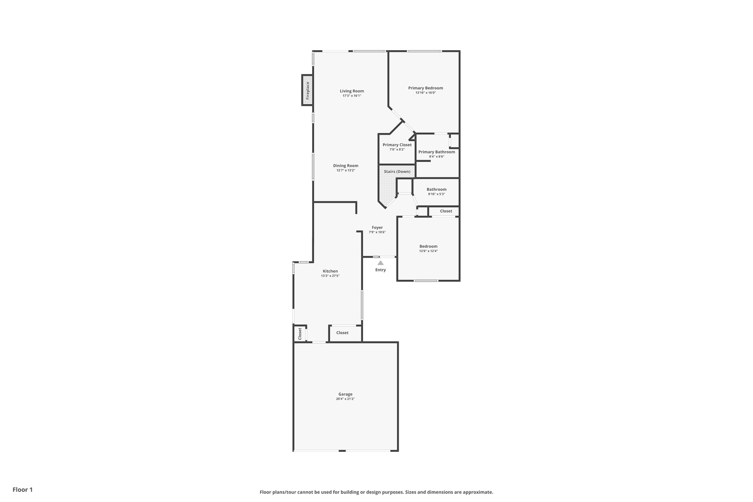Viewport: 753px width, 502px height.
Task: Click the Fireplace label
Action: pos(308,90)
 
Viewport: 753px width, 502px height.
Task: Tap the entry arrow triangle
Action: pos(381,263)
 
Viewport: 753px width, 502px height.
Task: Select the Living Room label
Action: pos(352,91)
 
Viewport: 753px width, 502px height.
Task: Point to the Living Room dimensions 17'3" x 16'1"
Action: pos(352,96)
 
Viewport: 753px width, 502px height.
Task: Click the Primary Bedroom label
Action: pos(425,88)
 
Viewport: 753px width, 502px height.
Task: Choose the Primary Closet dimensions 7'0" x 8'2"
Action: pos(397,149)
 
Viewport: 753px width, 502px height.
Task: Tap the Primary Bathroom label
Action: pos(437,152)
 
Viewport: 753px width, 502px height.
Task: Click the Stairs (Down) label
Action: pos(397,172)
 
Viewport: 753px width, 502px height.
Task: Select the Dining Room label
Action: pos(346,166)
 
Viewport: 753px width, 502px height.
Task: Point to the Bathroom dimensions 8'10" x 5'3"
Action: pos(437,194)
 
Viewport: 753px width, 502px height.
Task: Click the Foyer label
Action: pos(377,228)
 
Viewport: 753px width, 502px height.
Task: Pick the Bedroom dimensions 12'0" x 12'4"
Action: pos(428,251)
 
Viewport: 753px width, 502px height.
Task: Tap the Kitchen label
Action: pos(330,271)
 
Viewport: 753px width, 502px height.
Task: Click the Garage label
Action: pos(346,394)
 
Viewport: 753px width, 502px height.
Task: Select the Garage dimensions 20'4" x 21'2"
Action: pos(346,399)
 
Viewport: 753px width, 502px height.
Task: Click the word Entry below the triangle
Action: pos(381,270)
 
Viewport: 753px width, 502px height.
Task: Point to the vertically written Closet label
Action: pos(300,333)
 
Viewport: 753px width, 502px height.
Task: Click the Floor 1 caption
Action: pos(23,489)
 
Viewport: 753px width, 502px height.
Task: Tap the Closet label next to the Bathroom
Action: pos(446,211)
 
